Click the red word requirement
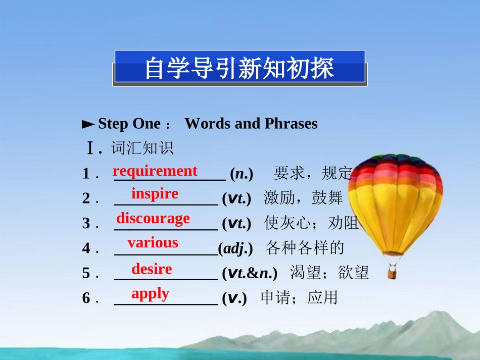tap(155, 171)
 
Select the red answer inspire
tap(155, 194)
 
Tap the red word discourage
tap(153, 218)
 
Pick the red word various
tap(153, 243)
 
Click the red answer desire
tap(152, 269)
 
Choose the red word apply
tap(150, 293)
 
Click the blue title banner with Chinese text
tap(239, 68)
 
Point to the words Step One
tap(129, 124)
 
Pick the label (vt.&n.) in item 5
tap(250, 273)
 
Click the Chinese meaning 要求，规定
tap(312, 174)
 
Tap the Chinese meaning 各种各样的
tap(305, 248)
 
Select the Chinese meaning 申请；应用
tap(299, 298)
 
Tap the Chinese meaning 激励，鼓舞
tap(303, 198)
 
